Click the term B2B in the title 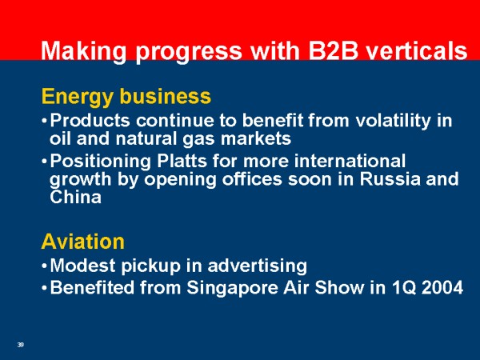tap(333, 50)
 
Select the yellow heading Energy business tap(126, 97)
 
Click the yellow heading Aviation tap(83, 242)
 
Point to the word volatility tap(394, 121)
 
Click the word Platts tap(182, 161)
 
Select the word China tap(76, 197)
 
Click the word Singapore tap(232, 288)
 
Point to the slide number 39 tap(21, 345)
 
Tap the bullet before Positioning tap(44, 162)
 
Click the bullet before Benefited tap(44, 288)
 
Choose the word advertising tap(258, 266)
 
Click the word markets tap(256, 138)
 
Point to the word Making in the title tap(83, 51)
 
